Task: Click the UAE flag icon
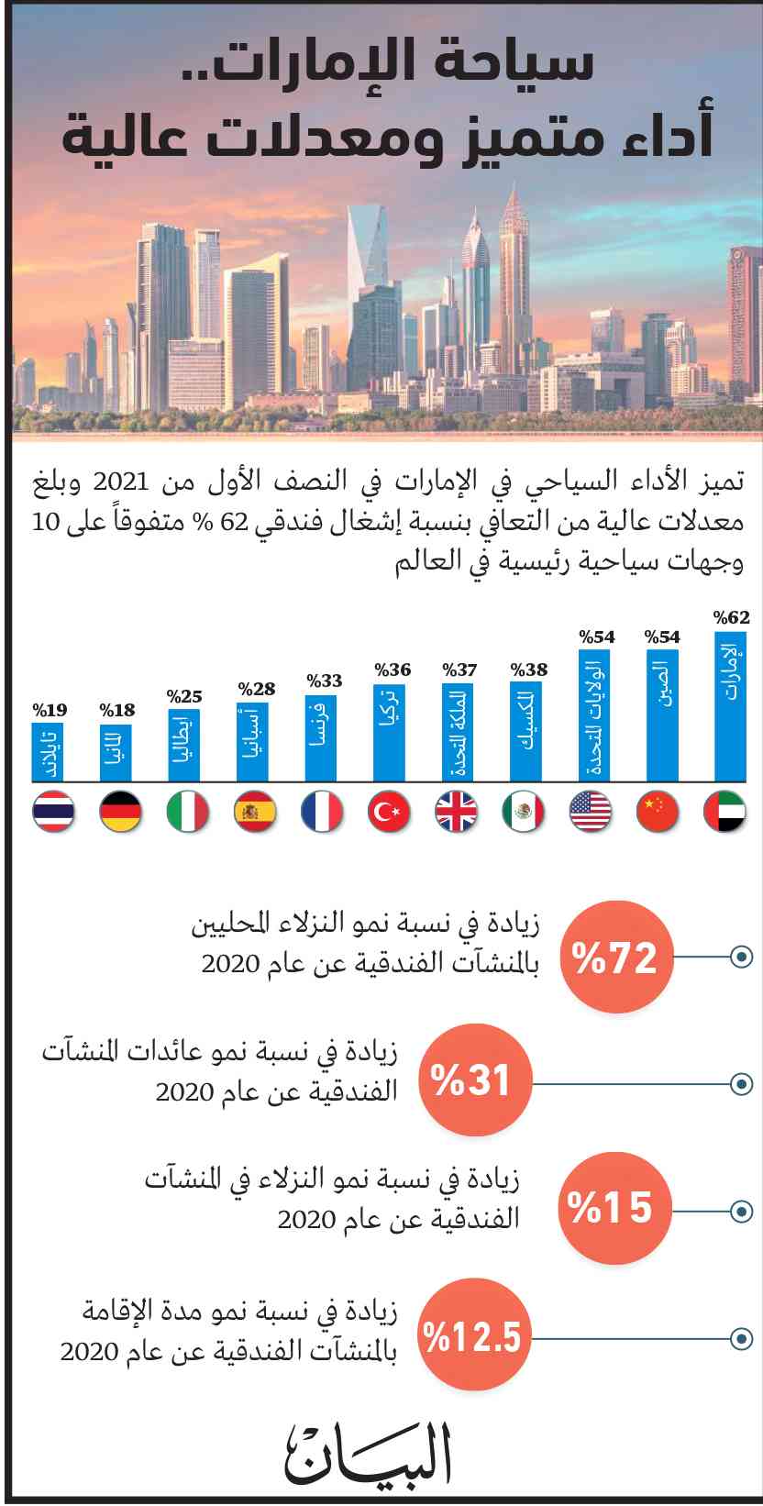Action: (x=725, y=812)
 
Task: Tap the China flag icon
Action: (x=658, y=812)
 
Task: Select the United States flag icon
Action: (x=591, y=812)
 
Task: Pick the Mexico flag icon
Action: (x=524, y=812)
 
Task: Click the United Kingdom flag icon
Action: (x=456, y=812)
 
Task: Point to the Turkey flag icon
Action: (x=389, y=812)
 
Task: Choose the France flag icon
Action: (x=322, y=812)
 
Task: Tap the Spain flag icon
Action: (x=255, y=812)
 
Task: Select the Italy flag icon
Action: (x=188, y=812)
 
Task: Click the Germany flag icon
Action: (x=120, y=812)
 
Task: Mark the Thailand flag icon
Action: (x=53, y=812)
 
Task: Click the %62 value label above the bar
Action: (x=732, y=617)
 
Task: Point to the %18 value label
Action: (x=116, y=711)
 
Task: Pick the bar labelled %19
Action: (x=50, y=752)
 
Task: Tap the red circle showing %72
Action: (x=615, y=958)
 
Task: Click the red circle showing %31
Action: (x=477, y=1081)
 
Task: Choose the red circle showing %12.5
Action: (x=472, y=1335)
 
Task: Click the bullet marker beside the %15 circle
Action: (x=741, y=1211)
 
